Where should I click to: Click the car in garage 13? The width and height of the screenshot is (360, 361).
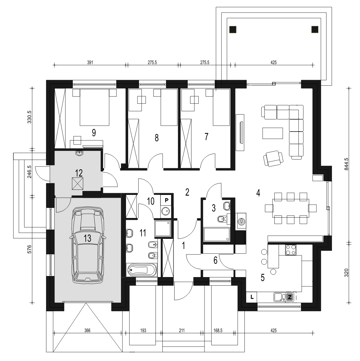tap(87, 245)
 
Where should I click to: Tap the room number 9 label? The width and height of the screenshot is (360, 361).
tap(94, 133)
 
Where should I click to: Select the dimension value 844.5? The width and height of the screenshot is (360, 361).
tap(346, 164)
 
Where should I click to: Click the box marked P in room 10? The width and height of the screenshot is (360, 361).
tap(167, 200)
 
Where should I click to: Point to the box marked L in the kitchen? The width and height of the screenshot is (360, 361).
tap(252, 297)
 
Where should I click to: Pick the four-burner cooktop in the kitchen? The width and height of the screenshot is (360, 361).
tap(291, 250)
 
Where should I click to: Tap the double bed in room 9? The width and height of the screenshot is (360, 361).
tap(94, 107)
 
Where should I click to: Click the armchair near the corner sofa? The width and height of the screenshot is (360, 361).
tap(273, 158)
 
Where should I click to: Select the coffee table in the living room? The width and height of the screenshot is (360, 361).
tap(273, 133)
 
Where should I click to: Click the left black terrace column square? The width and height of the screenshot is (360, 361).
tap(233, 30)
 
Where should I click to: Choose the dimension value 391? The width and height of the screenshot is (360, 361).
tap(90, 62)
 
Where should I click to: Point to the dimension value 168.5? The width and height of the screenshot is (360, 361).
tap(218, 331)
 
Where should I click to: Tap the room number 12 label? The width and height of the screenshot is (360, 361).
tap(79, 173)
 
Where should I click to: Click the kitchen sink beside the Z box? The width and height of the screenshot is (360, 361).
tap(280, 297)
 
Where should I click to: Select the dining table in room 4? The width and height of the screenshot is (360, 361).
tap(291, 208)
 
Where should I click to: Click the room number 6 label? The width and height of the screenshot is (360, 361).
tap(215, 260)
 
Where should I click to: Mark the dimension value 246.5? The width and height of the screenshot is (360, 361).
tap(30, 172)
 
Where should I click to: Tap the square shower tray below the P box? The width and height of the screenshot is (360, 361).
tap(163, 228)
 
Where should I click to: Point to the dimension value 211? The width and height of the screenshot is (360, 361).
tap(182, 331)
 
